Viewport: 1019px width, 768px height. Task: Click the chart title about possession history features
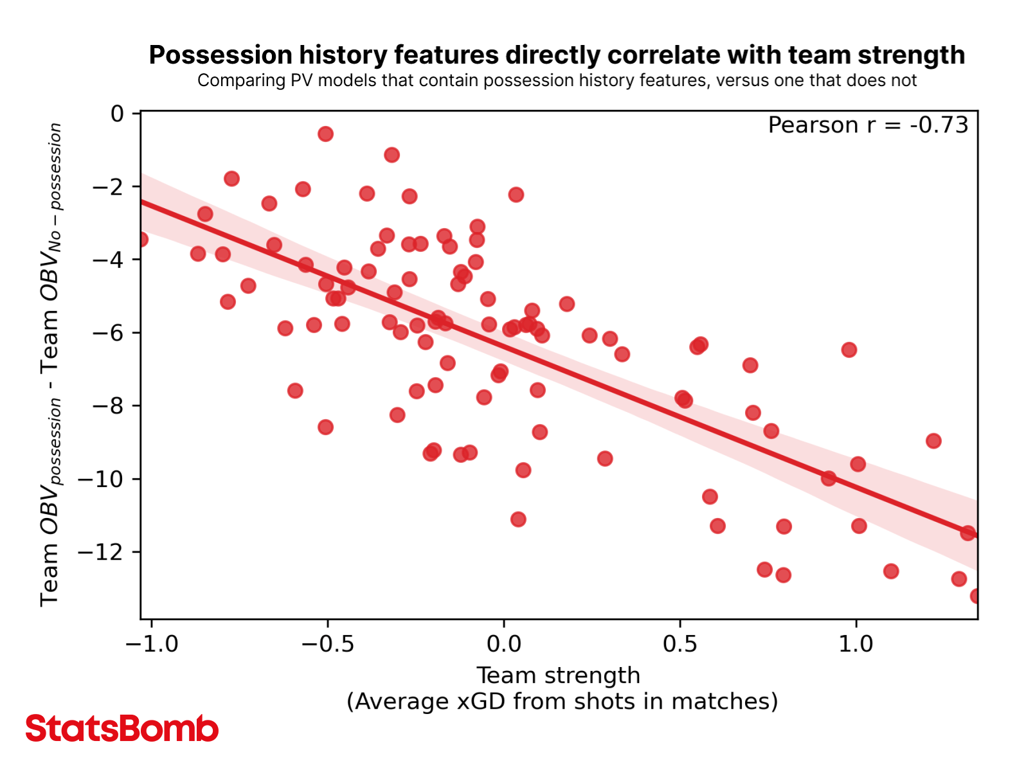pos(557,55)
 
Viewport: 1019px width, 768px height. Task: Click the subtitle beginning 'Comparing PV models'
pos(557,81)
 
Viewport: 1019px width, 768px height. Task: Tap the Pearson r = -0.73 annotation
pos(867,125)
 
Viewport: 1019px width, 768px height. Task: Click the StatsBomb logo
pos(122,729)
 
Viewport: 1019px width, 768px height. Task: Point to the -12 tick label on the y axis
pos(100,552)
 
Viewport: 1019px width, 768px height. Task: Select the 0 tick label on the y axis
pos(117,114)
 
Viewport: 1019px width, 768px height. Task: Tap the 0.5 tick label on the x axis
pos(680,643)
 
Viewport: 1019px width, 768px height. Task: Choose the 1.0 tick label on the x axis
pos(856,643)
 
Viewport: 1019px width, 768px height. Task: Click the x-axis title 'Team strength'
pos(558,675)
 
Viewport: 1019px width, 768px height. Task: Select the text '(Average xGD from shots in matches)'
pos(562,701)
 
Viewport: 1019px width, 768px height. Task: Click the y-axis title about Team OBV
pos(51,365)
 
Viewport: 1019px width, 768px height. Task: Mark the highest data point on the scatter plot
pos(325,134)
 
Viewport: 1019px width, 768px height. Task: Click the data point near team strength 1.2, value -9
pos(933,441)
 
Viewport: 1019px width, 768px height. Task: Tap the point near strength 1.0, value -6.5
pos(849,350)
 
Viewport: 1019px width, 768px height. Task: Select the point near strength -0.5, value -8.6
pos(325,427)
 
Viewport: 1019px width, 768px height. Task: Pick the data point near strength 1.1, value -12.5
pos(891,571)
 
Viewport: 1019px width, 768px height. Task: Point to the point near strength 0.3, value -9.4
pos(605,458)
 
